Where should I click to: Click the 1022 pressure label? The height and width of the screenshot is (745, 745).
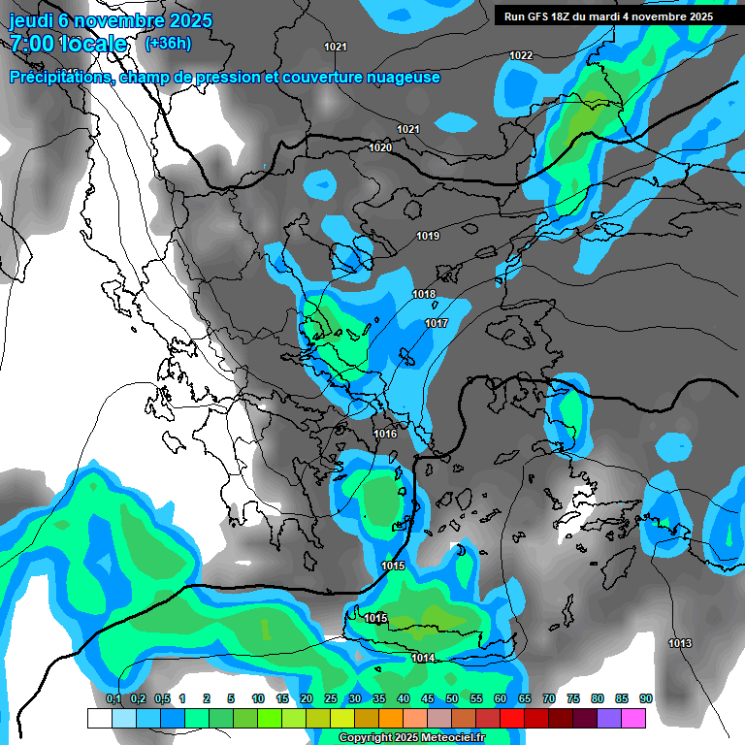(521, 55)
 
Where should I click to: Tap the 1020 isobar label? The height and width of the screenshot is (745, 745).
(380, 147)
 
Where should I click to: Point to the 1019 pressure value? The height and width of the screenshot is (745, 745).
(428, 237)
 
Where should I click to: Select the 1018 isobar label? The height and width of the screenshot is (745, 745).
(424, 294)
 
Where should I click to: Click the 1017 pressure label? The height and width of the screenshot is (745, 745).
(436, 323)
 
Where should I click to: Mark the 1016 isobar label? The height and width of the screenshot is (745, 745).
(386, 434)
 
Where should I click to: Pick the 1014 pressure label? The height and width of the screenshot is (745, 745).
(423, 658)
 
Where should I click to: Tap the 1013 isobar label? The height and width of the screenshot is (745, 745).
(680, 644)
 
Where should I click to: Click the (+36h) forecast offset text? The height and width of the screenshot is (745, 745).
(168, 44)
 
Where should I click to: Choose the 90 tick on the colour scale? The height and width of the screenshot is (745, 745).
(646, 698)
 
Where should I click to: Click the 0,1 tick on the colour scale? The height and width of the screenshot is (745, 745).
(113, 698)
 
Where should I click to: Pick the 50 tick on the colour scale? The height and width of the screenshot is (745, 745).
(452, 698)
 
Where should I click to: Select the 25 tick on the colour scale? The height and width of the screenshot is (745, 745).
(331, 698)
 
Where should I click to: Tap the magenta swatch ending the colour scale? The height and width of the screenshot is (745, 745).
(633, 718)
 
